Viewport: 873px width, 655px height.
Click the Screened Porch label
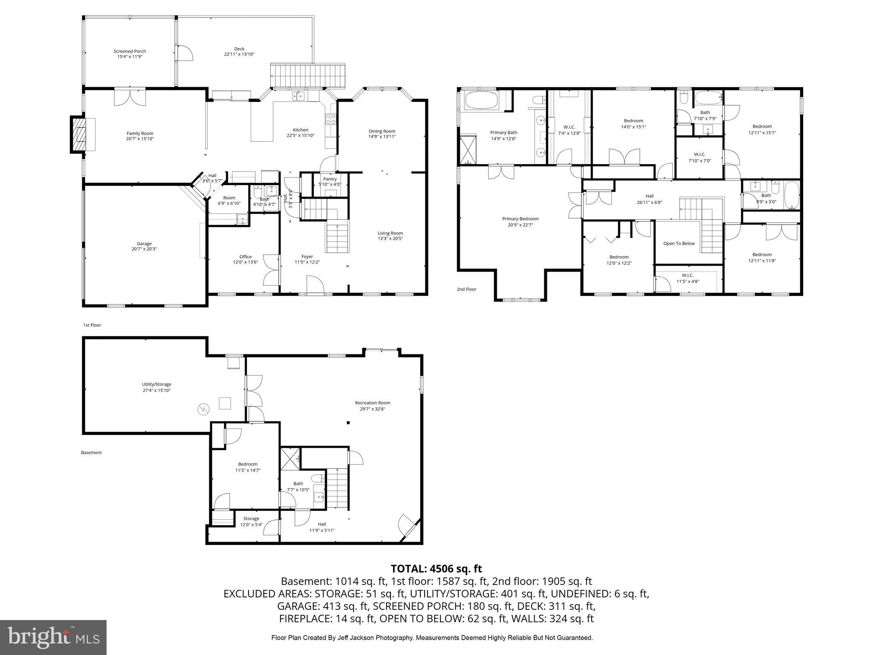(x=130, y=51)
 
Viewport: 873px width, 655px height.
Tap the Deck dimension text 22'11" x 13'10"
(x=239, y=55)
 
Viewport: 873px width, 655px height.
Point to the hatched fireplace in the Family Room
(x=79, y=135)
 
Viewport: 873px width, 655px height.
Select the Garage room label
(x=144, y=244)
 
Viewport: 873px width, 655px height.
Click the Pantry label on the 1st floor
(x=330, y=179)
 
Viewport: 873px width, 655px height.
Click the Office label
(x=245, y=257)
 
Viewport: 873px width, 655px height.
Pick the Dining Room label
(x=382, y=131)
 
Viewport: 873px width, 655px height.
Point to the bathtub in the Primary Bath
(x=481, y=101)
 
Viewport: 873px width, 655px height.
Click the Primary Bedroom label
(x=520, y=219)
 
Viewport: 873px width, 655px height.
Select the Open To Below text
(x=679, y=243)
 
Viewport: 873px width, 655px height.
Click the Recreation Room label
(x=372, y=403)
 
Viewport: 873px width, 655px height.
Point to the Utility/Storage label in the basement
(x=156, y=384)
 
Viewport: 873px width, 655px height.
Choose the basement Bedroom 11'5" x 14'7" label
(x=248, y=464)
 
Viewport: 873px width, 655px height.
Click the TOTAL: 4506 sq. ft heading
(x=436, y=568)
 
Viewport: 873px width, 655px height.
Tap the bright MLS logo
(x=53, y=637)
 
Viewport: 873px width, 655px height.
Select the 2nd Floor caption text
(x=466, y=289)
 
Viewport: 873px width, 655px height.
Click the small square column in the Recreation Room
(x=348, y=423)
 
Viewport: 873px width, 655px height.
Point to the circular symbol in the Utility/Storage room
(x=203, y=410)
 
